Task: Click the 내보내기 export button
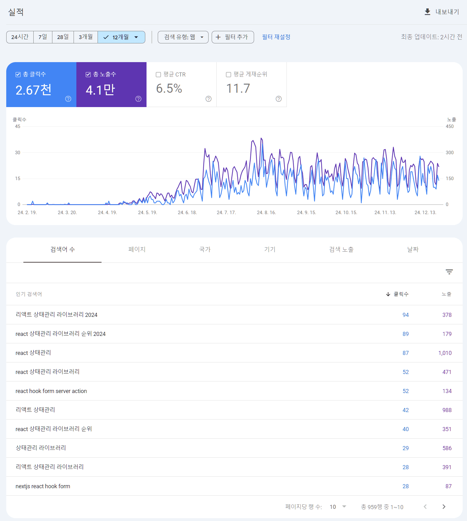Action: [x=442, y=12]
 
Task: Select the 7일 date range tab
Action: [x=43, y=37]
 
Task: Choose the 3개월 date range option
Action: [x=85, y=37]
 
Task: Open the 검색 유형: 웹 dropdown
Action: [x=183, y=37]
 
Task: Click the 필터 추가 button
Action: [x=233, y=37]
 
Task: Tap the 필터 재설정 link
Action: [x=276, y=37]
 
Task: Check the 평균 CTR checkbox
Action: [x=158, y=75]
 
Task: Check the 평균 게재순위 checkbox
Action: [x=229, y=75]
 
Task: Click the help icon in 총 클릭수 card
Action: [x=68, y=99]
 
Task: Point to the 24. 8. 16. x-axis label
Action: [x=266, y=213]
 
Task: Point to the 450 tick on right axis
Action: [x=450, y=126]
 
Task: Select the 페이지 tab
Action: [x=137, y=249]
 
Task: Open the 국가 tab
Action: [x=205, y=249]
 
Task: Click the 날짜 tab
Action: [x=413, y=249]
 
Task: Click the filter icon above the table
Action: [x=449, y=272]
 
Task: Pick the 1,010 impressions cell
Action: [x=445, y=353]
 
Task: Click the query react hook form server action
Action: [x=51, y=391]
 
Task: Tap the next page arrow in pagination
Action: [x=444, y=507]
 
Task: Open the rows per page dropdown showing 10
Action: [x=338, y=507]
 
